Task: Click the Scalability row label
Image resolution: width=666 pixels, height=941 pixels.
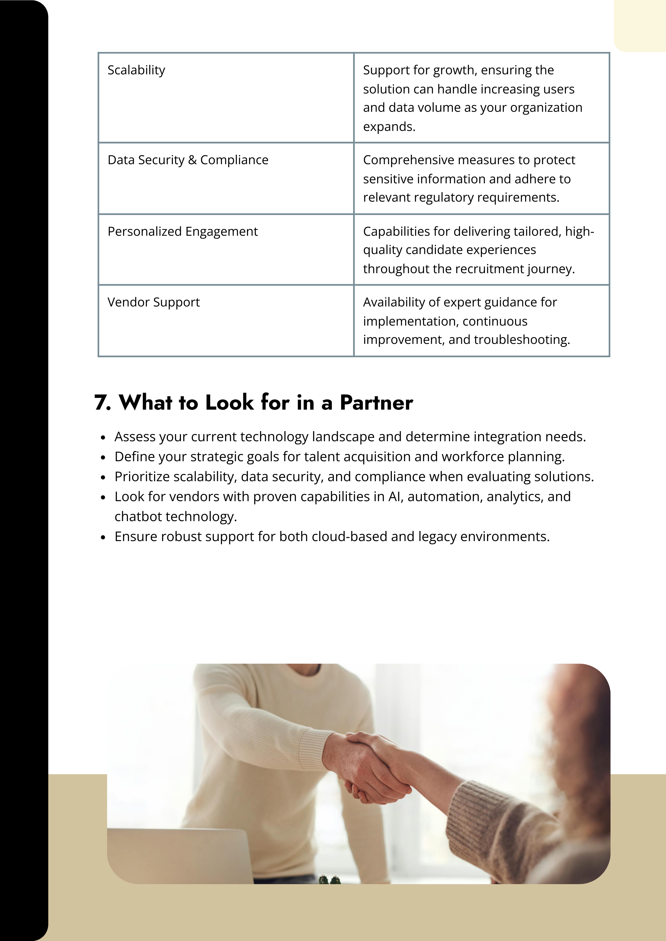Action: coord(136,70)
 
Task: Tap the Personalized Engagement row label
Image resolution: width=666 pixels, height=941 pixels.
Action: coord(183,232)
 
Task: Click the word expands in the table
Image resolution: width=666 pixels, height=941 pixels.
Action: coord(389,127)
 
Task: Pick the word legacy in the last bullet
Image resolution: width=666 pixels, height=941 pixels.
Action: coord(437,536)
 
